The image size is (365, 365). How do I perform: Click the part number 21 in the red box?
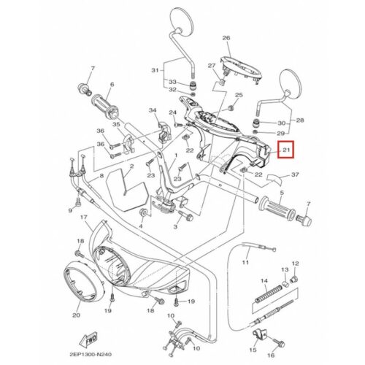286,150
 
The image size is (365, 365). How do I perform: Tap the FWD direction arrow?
89,339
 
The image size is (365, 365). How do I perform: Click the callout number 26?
226,38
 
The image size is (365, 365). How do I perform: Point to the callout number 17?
83,217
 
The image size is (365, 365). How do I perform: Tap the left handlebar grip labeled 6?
105,107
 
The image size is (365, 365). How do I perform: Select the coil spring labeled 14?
269,294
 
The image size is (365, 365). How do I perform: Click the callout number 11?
245,262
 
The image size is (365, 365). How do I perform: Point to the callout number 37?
295,174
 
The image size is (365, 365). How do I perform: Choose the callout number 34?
153,110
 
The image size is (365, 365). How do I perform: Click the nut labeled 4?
143,212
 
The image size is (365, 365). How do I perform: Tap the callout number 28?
300,120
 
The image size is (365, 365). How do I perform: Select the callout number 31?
155,70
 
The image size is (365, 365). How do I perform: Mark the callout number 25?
239,95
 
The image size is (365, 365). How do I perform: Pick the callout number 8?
101,176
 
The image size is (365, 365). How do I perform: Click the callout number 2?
131,166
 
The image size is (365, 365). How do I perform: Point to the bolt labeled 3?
186,215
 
